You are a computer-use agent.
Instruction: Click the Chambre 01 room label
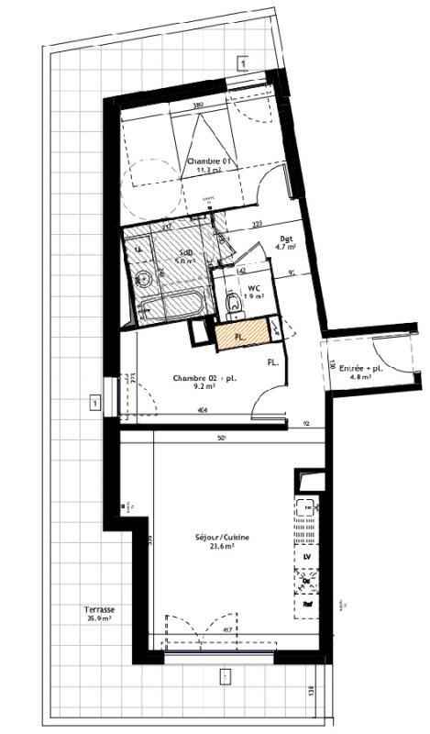(x=211, y=161)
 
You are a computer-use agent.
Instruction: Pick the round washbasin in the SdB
(x=143, y=279)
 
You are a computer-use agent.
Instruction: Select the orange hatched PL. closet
(x=241, y=337)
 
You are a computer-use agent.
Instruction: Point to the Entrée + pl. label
(x=359, y=367)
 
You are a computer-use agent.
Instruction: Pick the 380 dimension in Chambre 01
(x=197, y=106)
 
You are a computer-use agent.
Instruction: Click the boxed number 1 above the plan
(x=242, y=63)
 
